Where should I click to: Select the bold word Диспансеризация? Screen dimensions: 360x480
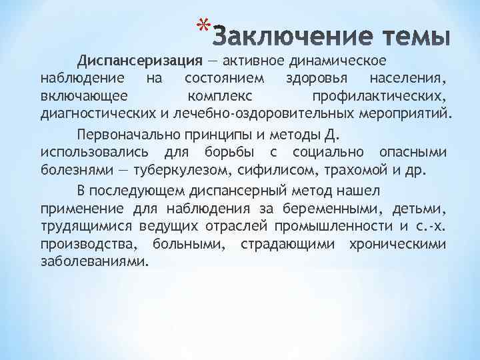pos(139,62)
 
